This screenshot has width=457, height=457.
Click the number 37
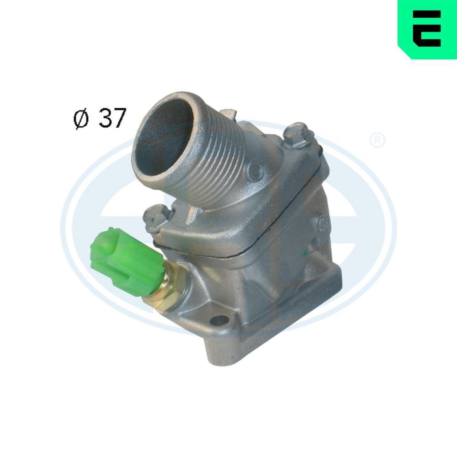click(112, 118)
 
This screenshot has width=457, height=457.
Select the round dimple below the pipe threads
click(254, 170)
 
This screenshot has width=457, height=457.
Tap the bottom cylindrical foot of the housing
click(228, 352)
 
